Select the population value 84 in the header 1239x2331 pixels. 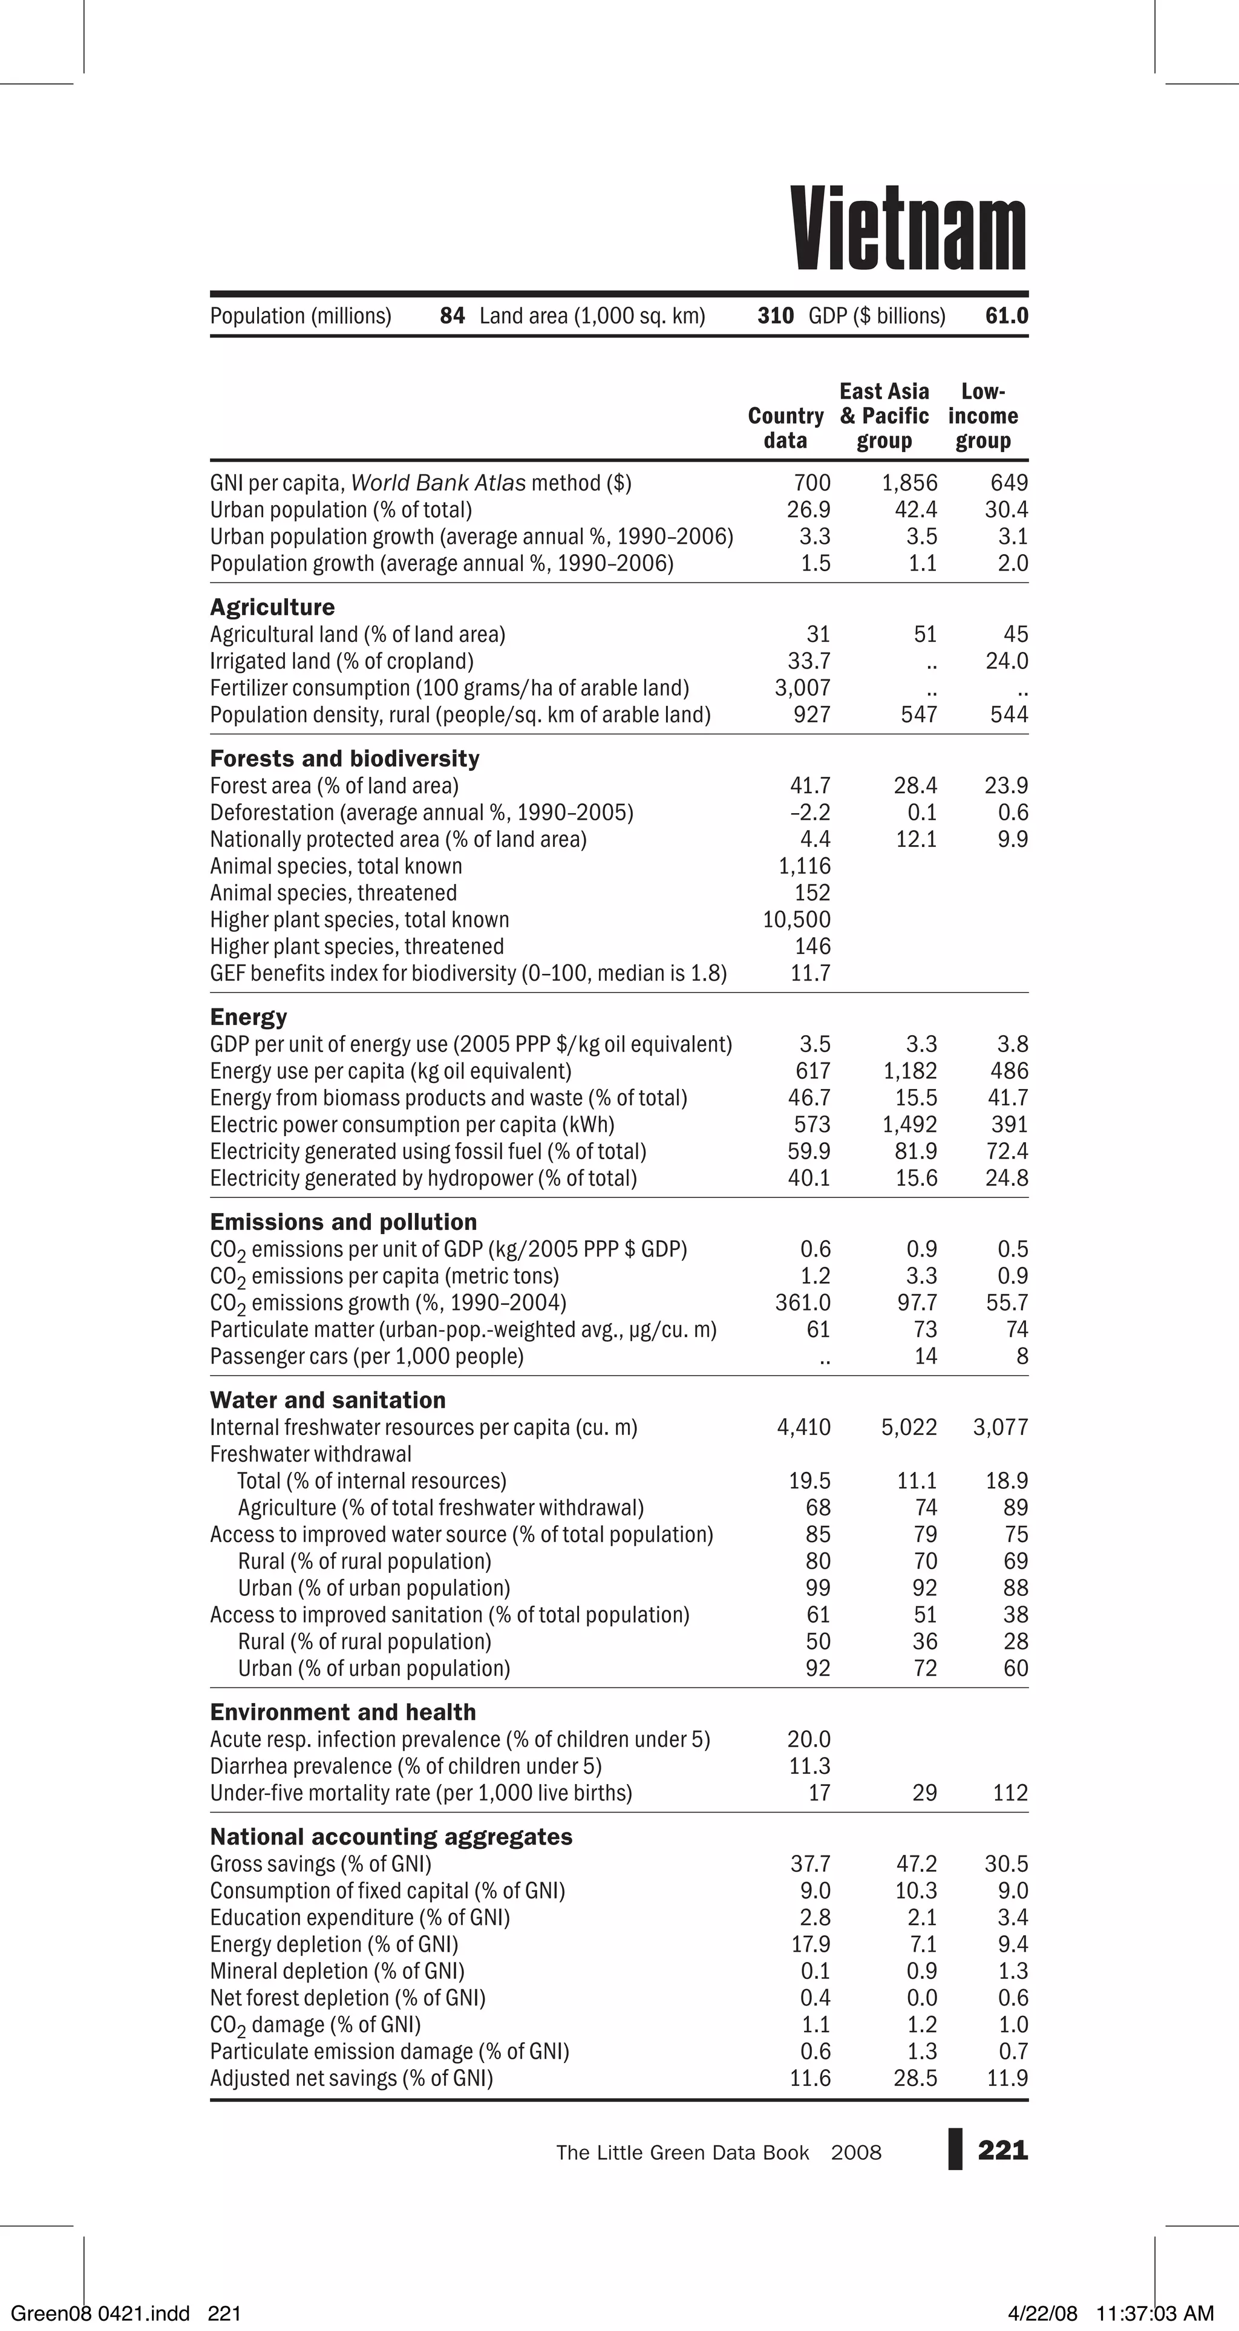point(451,316)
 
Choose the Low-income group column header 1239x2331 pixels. point(983,416)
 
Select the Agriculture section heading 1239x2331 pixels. point(272,607)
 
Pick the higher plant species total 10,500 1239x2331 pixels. point(796,920)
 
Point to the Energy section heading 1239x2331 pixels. point(248,1017)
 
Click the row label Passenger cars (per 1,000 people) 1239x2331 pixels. point(367,1356)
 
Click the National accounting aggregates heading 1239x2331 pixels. point(391,1837)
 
